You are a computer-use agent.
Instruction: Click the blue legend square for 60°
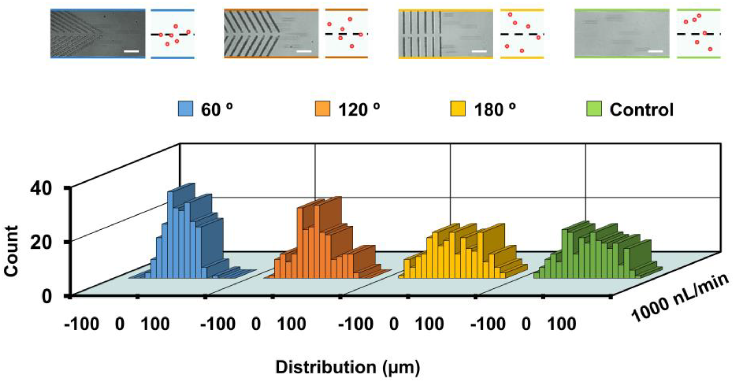[185, 109]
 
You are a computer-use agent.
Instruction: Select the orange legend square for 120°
[323, 109]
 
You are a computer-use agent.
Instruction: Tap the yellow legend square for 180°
[458, 109]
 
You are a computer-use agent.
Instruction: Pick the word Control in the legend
[641, 110]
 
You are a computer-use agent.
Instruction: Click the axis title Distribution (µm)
[347, 367]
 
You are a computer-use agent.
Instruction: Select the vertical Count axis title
[11, 251]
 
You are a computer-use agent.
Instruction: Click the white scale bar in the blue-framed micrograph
[131, 51]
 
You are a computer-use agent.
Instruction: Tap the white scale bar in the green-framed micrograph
[655, 51]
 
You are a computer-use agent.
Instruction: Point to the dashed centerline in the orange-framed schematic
[346, 34]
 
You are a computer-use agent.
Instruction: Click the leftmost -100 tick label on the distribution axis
[82, 324]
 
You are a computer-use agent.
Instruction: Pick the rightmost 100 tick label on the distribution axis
[562, 324]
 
